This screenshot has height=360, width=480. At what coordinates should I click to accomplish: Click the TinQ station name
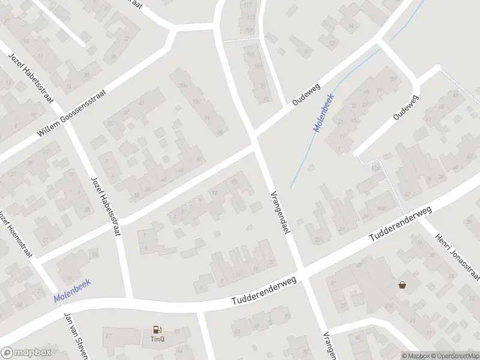[x=158, y=338]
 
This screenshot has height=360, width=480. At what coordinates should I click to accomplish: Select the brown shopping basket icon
[x=401, y=285]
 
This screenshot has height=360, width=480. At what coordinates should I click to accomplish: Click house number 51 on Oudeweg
[x=394, y=79]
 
